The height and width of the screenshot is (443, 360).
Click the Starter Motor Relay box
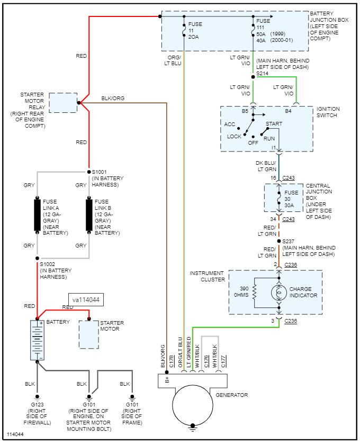click(x=63, y=102)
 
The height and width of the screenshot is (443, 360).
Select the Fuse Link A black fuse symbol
click(x=38, y=215)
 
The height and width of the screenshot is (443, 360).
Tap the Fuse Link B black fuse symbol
click(x=89, y=215)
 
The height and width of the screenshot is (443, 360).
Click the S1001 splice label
click(x=100, y=172)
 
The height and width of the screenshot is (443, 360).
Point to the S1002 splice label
click(x=47, y=264)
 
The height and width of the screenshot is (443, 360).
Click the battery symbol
click(x=37, y=340)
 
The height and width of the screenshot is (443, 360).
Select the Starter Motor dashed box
click(x=89, y=334)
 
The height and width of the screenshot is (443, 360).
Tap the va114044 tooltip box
click(x=85, y=300)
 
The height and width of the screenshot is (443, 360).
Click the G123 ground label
click(x=37, y=405)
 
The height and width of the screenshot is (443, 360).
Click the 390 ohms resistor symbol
click(x=255, y=293)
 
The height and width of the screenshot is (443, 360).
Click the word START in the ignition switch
click(x=274, y=124)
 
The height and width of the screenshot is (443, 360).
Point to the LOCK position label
click(x=234, y=137)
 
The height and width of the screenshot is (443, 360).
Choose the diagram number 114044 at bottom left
click(x=15, y=435)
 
